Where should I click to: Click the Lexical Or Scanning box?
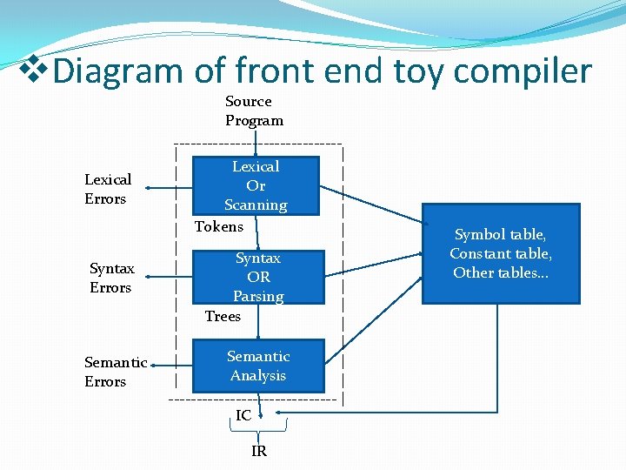(256, 185)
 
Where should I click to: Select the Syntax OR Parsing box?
(258, 277)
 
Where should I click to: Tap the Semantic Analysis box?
(258, 366)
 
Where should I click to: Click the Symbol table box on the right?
(501, 253)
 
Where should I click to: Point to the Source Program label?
(254, 111)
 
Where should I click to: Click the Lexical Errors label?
(107, 189)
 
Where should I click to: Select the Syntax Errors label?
(110, 278)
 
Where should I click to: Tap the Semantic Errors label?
(115, 372)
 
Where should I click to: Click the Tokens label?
(218, 227)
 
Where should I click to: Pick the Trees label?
(223, 316)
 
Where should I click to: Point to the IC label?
(243, 416)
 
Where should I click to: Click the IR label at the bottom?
(259, 451)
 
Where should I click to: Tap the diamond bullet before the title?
(35, 66)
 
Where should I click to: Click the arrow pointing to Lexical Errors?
(170, 186)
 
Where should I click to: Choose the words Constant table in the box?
(501, 253)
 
